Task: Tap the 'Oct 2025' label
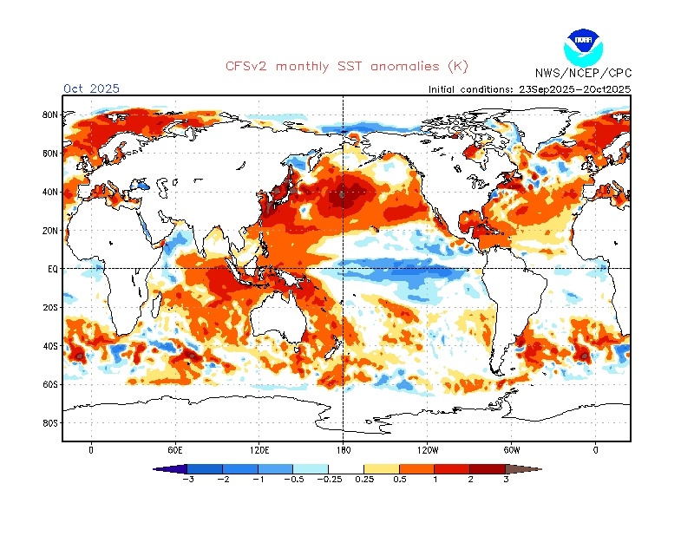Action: (91, 88)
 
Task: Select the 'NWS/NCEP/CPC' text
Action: (582, 73)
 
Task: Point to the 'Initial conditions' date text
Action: (529, 89)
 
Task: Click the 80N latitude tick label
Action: (50, 114)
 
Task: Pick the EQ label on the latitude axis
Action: (52, 270)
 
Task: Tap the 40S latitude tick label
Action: (50, 346)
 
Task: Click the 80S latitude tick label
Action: (50, 423)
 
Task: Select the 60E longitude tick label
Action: (175, 450)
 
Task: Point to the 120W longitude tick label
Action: (427, 450)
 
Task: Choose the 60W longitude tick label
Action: (511, 450)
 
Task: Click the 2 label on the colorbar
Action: (470, 480)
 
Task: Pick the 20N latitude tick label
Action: (50, 231)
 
